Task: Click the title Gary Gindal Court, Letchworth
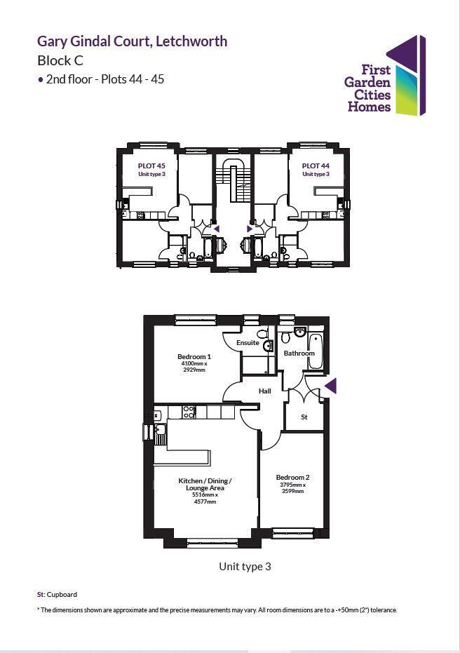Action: click(132, 41)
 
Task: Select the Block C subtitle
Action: click(60, 60)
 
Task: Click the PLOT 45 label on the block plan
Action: click(151, 167)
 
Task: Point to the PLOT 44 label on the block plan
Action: click(315, 167)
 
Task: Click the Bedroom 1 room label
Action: click(194, 357)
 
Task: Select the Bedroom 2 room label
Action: click(292, 478)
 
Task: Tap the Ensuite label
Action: click(248, 343)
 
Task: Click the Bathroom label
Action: click(299, 354)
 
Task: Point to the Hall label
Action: click(264, 391)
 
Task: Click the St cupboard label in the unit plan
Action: click(304, 417)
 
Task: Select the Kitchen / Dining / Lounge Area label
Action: click(205, 484)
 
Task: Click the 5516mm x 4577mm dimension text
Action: click(205, 498)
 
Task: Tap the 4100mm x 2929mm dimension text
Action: click(194, 367)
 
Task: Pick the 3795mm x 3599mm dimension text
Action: click(292, 488)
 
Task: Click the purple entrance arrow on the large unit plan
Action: click(331, 386)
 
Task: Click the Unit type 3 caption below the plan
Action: click(245, 566)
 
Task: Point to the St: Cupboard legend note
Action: click(57, 595)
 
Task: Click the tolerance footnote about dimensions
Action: click(217, 610)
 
